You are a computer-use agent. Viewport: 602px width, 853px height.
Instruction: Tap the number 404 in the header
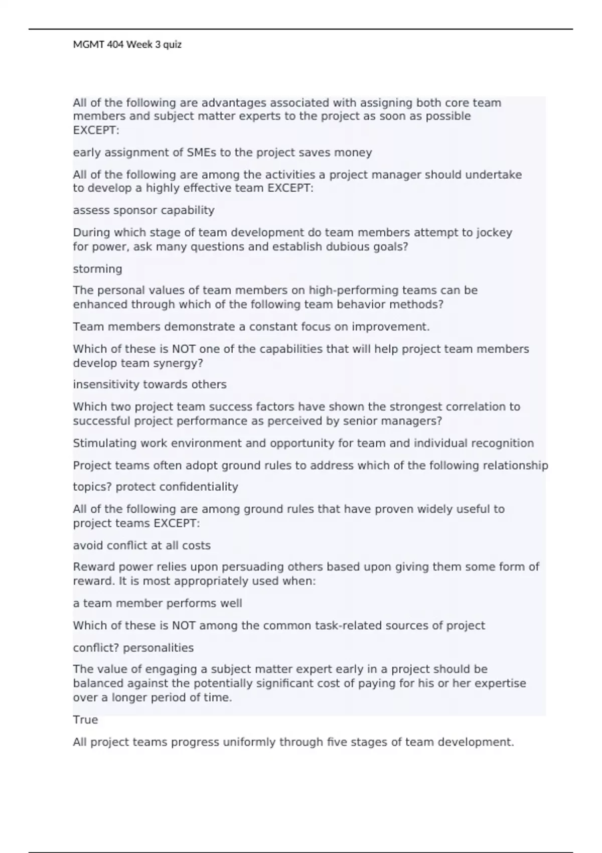pyautogui.click(x=115, y=45)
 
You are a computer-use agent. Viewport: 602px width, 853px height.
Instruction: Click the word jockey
pyautogui.click(x=494, y=233)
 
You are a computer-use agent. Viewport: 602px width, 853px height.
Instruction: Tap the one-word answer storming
pyautogui.click(x=97, y=269)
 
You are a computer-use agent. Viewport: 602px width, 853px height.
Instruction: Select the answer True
pyautogui.click(x=85, y=720)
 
